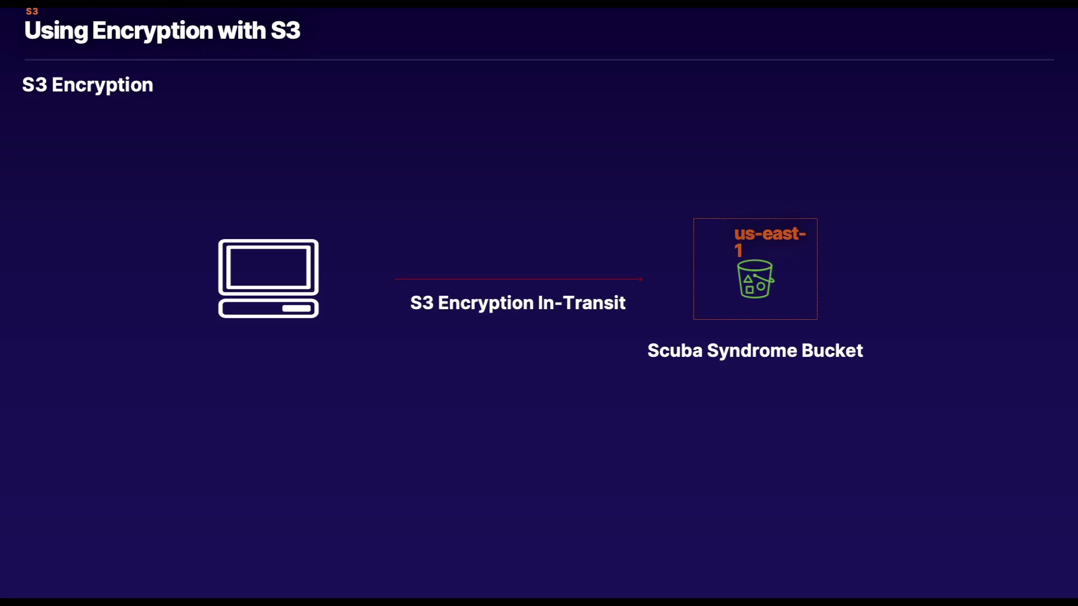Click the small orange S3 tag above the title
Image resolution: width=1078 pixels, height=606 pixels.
(x=32, y=11)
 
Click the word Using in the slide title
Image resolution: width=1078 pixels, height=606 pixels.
(x=56, y=31)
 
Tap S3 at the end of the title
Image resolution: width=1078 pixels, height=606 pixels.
(x=285, y=30)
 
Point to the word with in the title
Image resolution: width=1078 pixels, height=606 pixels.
(x=241, y=30)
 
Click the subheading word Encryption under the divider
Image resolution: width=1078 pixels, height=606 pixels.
(x=102, y=85)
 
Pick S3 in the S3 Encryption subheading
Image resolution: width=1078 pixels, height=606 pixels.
(x=34, y=85)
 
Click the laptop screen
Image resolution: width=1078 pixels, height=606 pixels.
(x=268, y=267)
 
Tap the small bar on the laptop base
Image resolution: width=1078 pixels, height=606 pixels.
(x=296, y=309)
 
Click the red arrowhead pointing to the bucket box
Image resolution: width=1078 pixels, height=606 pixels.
(x=641, y=279)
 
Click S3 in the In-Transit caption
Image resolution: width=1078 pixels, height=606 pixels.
(x=422, y=303)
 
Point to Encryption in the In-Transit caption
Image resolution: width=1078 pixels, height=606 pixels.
(x=486, y=304)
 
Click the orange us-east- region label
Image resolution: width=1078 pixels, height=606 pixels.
(x=770, y=233)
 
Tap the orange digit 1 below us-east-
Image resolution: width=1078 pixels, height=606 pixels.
(x=738, y=251)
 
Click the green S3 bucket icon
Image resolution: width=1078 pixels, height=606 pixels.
(x=755, y=278)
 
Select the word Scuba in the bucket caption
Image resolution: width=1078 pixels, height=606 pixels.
(x=675, y=351)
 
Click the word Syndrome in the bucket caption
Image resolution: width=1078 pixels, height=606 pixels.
(x=752, y=351)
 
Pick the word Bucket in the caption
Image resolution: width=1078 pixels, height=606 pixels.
(x=832, y=351)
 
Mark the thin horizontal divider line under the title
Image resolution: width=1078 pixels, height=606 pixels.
(x=539, y=59)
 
